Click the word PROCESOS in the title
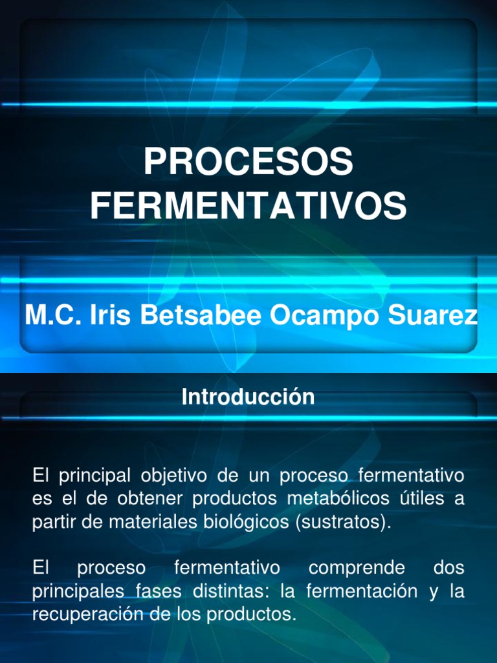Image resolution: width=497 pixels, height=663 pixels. [x=248, y=162]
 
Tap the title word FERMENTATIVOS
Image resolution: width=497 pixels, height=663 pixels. [x=248, y=205]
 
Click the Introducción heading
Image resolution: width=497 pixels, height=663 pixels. [x=248, y=396]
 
